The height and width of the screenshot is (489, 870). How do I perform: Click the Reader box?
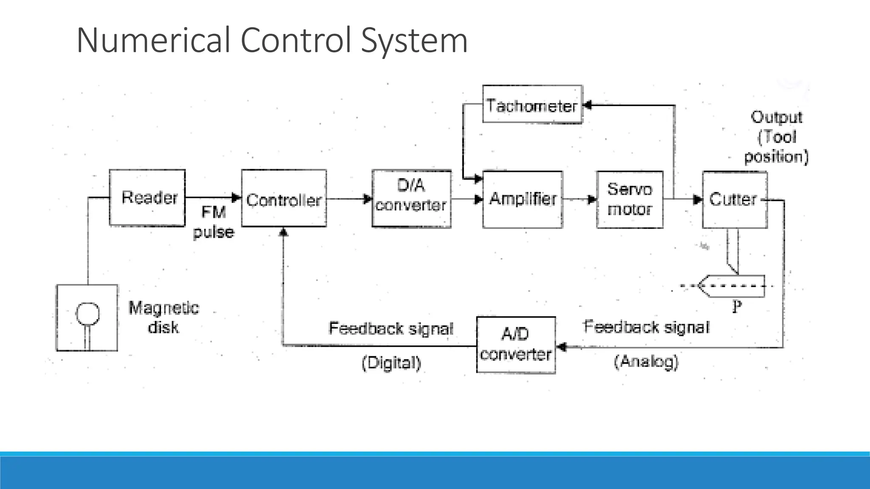click(x=147, y=198)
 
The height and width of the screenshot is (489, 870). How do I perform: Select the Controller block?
click(x=284, y=199)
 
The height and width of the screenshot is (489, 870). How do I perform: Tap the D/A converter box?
click(x=411, y=199)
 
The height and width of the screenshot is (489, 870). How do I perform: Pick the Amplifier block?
click(x=523, y=200)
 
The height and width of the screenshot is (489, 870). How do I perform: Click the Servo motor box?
click(x=630, y=200)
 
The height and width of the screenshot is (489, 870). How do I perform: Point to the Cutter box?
click(x=734, y=200)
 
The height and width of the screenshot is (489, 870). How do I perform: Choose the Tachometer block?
click(x=532, y=105)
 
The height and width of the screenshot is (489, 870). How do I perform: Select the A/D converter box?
click(x=516, y=345)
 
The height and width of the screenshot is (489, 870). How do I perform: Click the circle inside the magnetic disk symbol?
click(x=88, y=313)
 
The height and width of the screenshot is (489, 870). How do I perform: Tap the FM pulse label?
click(x=213, y=222)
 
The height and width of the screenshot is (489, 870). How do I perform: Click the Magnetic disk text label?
click(x=164, y=317)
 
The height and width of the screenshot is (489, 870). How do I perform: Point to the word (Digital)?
click(x=391, y=363)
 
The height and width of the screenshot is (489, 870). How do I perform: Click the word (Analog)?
click(x=646, y=362)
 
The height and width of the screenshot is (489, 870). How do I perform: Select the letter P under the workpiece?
click(x=737, y=306)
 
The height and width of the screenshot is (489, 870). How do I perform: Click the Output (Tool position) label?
click(x=776, y=137)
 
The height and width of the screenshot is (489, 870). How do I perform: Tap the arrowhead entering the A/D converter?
click(x=561, y=347)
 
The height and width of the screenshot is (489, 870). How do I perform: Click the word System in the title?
click(x=414, y=40)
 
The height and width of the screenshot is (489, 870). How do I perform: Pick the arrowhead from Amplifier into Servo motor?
click(x=592, y=200)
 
